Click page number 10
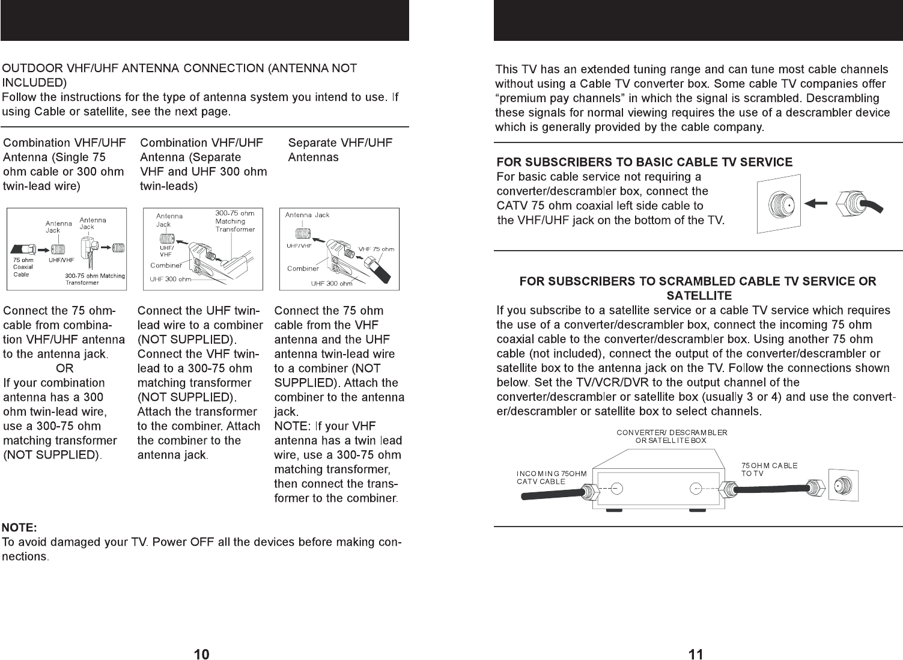pos(201,654)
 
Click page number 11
pos(696,654)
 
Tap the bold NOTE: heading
pos(19,527)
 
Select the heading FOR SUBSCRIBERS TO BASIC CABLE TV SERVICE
pos(644,162)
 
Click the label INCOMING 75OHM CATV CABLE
pos(552,477)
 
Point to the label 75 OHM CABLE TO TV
pos(769,469)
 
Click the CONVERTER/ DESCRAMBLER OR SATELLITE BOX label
pos(672,436)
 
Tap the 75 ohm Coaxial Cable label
pos(23,267)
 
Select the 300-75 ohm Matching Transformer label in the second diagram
pos(235,221)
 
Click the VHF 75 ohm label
pos(376,249)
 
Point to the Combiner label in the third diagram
pos(303,268)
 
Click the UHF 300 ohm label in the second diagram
pos(170,279)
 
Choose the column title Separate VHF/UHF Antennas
pos(340,150)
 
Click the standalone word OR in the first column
pos(64,368)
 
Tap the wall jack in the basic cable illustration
pos(779,204)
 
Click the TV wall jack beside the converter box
pos(844,485)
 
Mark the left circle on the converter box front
pos(617,489)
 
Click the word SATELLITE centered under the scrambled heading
pos(699,296)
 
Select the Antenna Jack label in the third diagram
pos(307,215)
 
